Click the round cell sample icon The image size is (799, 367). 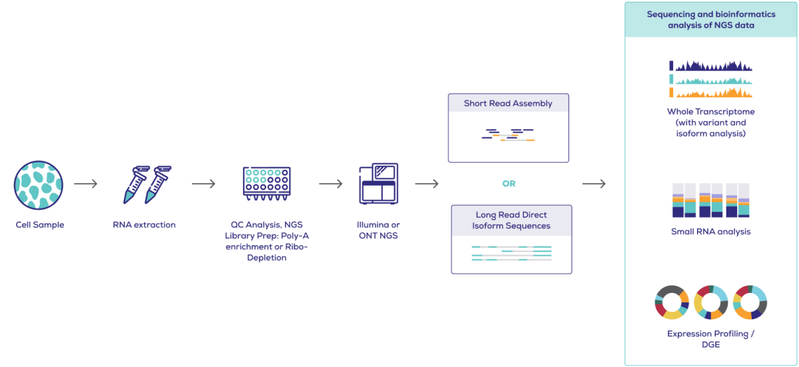click(x=39, y=184)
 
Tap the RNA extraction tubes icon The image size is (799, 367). click(x=144, y=184)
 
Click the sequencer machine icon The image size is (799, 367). click(x=378, y=184)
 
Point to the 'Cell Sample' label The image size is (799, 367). click(x=40, y=225)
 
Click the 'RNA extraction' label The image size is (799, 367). click(x=144, y=225)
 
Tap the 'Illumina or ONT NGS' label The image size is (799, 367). click(x=378, y=230)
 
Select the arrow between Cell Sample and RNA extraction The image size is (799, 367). click(x=86, y=184)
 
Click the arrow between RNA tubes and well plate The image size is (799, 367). click(x=204, y=184)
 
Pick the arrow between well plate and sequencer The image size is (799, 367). click(x=331, y=184)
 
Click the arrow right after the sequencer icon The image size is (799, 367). click(x=427, y=184)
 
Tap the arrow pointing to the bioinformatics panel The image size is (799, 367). click(x=594, y=184)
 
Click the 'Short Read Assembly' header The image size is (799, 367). click(x=508, y=103)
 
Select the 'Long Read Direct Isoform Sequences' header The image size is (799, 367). click(x=511, y=220)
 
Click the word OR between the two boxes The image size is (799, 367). click(x=509, y=184)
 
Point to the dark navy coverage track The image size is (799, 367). click(x=711, y=66)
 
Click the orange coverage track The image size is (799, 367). click(x=711, y=93)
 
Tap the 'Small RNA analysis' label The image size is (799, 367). click(x=710, y=232)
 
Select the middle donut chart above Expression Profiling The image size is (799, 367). click(x=710, y=302)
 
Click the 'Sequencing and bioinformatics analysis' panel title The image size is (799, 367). click(x=710, y=19)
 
